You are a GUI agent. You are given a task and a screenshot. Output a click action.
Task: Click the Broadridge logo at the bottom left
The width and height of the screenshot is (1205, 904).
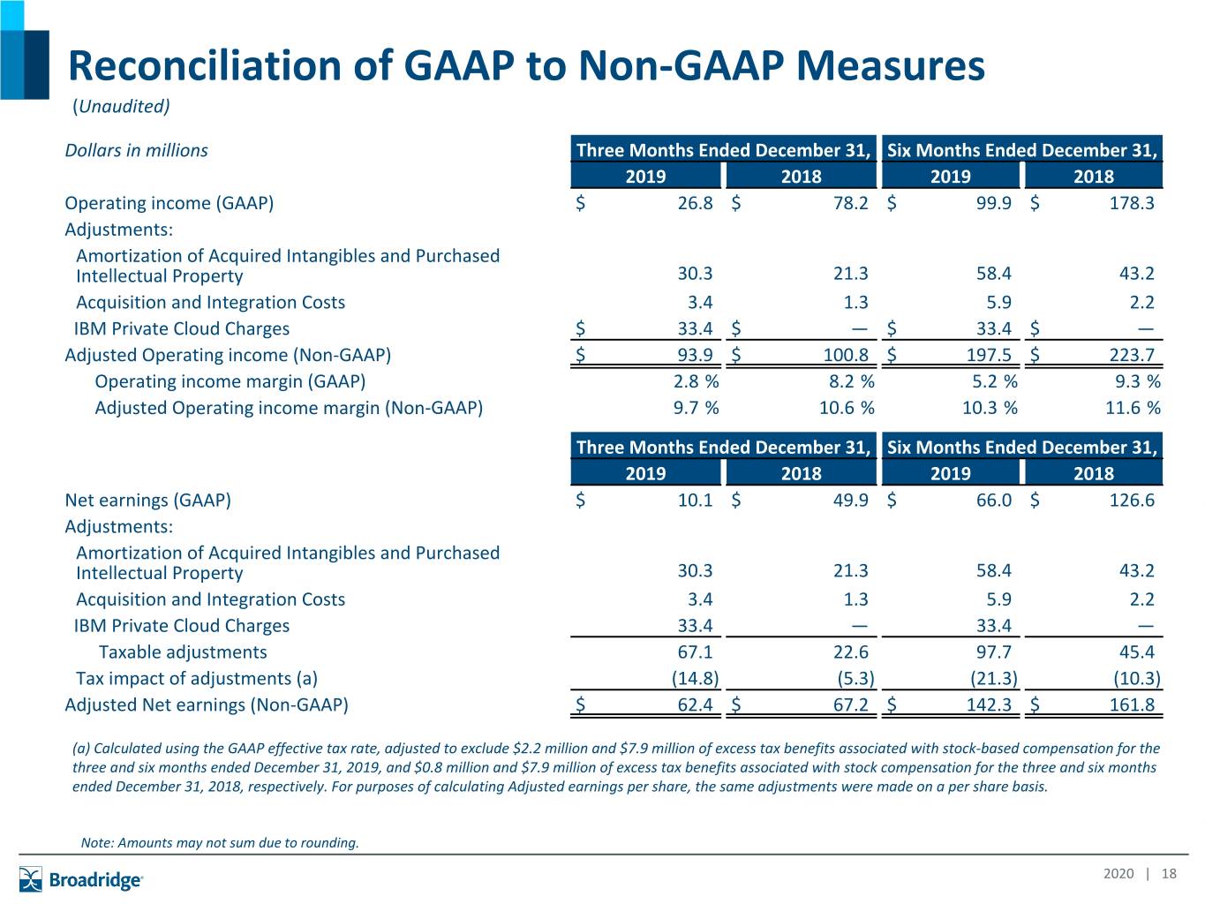point(80,879)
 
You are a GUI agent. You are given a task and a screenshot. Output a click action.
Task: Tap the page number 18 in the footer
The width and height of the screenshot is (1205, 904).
point(1169,873)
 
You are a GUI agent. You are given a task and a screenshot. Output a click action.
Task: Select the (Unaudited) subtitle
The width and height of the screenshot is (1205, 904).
point(121,106)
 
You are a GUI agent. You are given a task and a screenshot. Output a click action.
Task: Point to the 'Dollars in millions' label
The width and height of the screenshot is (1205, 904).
point(136,150)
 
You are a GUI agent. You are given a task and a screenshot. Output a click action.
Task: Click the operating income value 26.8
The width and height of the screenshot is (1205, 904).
point(695,203)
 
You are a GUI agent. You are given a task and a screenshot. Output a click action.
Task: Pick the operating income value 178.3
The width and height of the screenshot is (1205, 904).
point(1132,203)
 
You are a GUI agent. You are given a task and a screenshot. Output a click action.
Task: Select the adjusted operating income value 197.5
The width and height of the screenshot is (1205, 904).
point(989,355)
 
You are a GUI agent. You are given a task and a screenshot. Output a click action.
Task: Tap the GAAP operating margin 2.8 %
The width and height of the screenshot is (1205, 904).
point(697,380)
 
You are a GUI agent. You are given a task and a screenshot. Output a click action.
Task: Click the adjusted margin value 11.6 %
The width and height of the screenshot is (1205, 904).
point(1133,407)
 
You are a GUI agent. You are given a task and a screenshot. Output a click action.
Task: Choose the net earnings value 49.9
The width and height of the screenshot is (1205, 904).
point(851,500)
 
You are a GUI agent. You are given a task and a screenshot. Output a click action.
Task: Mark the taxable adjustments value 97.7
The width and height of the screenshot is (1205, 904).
point(994,652)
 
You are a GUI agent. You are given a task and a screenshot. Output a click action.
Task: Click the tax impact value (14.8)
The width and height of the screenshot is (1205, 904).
point(695,678)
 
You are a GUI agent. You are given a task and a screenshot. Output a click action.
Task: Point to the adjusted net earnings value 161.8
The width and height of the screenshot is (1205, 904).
point(1132,704)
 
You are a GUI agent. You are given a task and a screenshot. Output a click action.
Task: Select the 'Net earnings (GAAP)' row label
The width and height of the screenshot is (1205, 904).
point(147,500)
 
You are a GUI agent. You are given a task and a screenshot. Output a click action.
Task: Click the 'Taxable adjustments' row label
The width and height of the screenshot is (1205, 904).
point(183,652)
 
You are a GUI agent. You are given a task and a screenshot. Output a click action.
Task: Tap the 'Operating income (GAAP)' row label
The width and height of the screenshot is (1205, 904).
point(169,203)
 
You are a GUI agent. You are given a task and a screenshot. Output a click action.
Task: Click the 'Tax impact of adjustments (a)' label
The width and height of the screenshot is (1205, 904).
point(197,678)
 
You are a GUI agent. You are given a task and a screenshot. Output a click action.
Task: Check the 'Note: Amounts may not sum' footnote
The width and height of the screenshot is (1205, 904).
point(220,842)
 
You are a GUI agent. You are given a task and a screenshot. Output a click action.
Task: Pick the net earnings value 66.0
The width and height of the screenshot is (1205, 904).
point(994,500)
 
